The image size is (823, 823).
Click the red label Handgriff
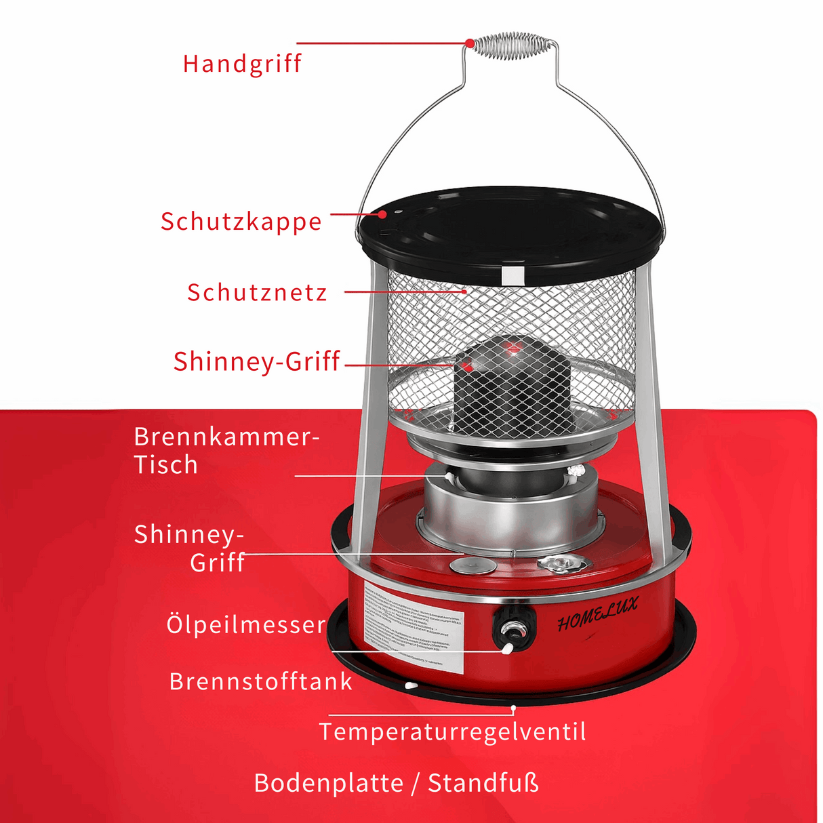coord(242,64)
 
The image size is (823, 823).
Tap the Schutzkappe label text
coord(241,222)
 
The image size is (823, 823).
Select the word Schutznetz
coord(257,293)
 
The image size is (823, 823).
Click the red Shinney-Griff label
coord(256,361)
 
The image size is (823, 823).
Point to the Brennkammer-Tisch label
coord(225,451)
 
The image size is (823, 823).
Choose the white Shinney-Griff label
coord(190,548)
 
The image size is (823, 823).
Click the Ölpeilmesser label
coord(246,624)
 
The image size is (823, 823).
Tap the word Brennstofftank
coord(261,681)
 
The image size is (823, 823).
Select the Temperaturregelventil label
coord(452,732)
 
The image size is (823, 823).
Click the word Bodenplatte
coord(329,784)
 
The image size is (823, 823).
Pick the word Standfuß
coord(483,784)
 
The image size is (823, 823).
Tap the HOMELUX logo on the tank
coord(597,614)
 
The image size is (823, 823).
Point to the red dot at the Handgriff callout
coord(469,43)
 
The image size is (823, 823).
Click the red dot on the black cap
coord(383,214)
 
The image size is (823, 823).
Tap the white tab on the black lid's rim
coord(513,276)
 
